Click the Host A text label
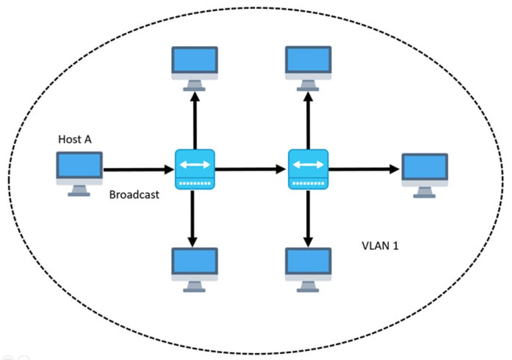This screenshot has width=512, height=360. tap(75, 139)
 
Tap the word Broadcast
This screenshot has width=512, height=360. tap(134, 195)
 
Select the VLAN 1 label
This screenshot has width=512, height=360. tap(379, 246)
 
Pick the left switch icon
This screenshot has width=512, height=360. tap(195, 169)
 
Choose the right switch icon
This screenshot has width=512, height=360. tap(308, 169)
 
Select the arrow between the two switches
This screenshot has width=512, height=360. tap(251, 170)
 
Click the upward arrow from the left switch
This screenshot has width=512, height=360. tap(195, 120)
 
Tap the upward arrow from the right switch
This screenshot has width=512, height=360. tap(308, 120)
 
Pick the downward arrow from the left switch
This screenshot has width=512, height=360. tap(193, 217)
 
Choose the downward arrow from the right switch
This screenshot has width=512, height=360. tap(308, 217)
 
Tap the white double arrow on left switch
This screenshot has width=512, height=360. tap(195, 164)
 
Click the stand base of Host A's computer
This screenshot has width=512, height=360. tap(79, 194)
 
